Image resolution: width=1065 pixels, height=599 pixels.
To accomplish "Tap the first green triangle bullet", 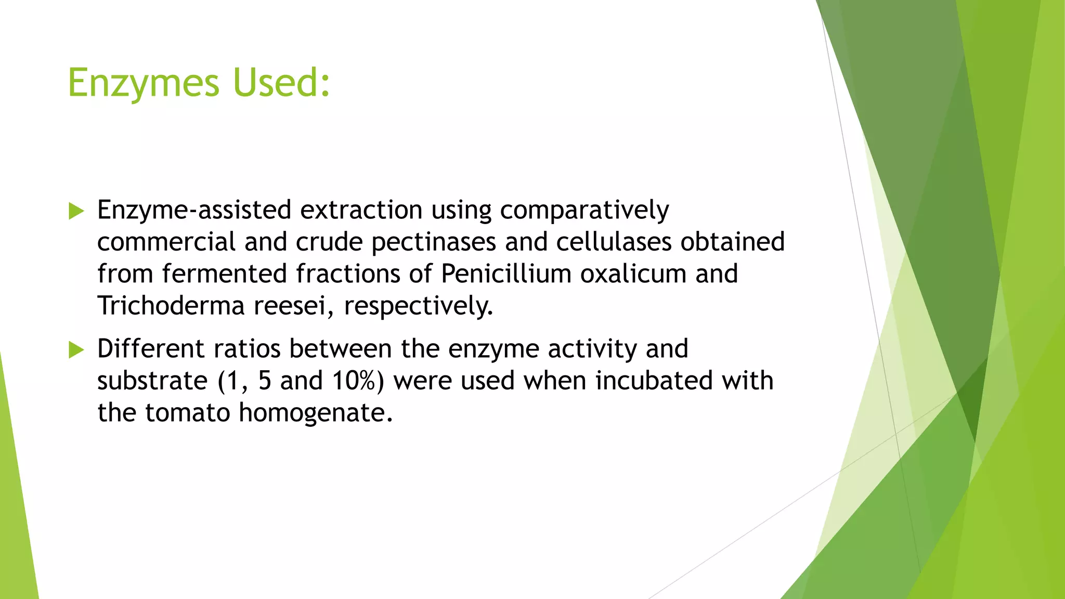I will click(76, 211).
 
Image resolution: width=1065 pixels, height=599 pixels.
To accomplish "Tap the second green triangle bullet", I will click(76, 350).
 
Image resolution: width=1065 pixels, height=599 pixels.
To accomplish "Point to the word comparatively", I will click(584, 211).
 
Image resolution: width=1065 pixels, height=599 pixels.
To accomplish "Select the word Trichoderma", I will click(171, 306).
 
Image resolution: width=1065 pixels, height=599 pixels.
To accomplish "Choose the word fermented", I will click(224, 274).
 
